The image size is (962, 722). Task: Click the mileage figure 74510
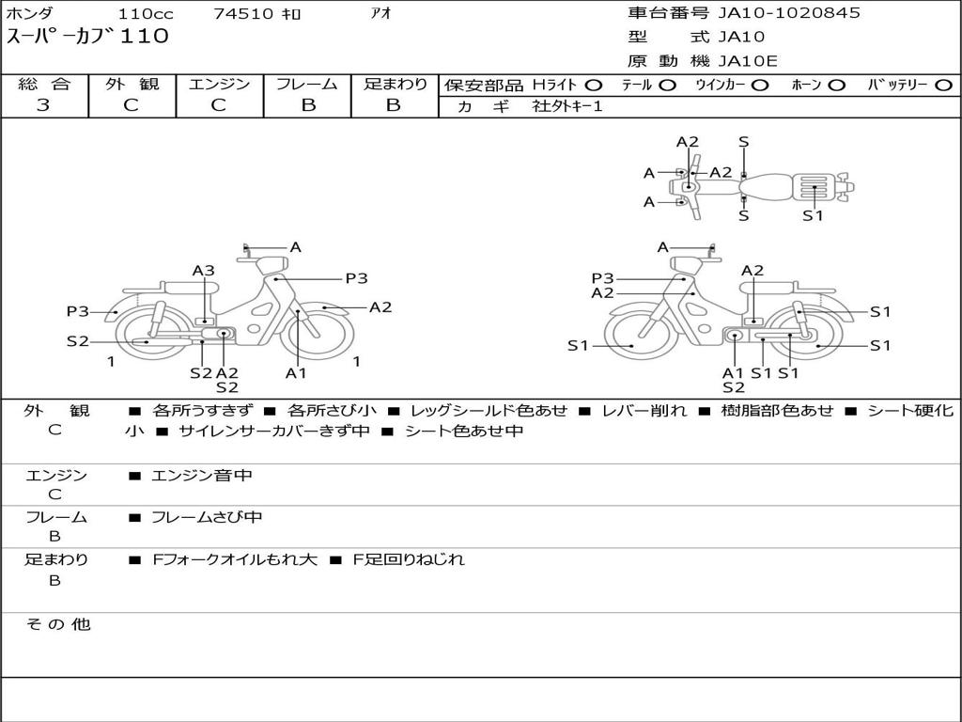(x=242, y=13)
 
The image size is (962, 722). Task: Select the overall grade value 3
(x=43, y=105)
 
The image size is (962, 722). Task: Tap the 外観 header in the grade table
(x=132, y=84)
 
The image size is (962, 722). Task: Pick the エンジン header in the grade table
(x=219, y=84)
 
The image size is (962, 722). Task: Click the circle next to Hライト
(x=594, y=86)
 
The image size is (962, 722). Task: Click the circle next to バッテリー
(x=944, y=86)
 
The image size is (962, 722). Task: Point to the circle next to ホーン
(x=836, y=86)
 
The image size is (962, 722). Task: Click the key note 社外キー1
(x=567, y=106)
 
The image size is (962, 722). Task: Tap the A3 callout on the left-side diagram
(x=204, y=271)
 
